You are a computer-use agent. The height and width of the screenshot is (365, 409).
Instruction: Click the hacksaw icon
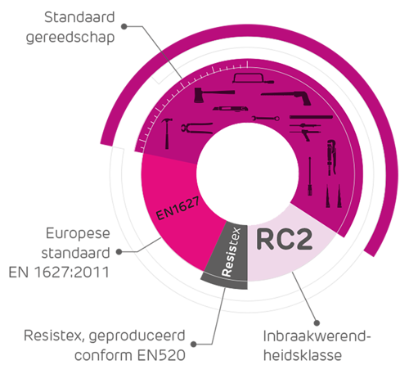(x=253, y=79)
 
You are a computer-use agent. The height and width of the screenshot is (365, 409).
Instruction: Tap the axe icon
(x=213, y=95)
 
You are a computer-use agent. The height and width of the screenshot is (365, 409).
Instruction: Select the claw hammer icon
(x=167, y=133)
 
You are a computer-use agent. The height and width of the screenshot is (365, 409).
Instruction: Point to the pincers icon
(x=197, y=128)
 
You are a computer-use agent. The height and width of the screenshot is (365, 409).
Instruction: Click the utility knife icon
(x=230, y=109)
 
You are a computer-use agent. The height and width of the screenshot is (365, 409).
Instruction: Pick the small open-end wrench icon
(x=266, y=119)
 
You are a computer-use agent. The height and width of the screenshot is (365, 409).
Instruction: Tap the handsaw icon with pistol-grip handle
(x=286, y=97)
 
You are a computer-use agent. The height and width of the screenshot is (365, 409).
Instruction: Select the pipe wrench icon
(x=331, y=157)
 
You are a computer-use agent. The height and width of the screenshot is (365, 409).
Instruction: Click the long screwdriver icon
(x=310, y=176)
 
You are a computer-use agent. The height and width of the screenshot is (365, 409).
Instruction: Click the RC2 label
(x=285, y=240)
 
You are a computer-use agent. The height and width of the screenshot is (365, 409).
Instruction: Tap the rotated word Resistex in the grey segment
(x=231, y=252)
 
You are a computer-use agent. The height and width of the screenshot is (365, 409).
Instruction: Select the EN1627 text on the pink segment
(x=178, y=208)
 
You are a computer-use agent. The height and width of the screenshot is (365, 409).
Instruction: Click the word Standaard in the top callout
(x=79, y=17)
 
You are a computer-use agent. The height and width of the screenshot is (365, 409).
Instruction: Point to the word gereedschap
(x=70, y=38)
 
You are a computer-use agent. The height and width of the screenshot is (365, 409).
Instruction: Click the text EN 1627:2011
(x=59, y=273)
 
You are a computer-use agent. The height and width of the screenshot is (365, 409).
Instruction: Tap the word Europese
(x=78, y=234)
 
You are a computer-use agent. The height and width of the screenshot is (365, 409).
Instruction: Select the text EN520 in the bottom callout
(x=161, y=355)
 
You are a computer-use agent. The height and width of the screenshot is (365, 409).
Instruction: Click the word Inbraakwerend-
(x=317, y=336)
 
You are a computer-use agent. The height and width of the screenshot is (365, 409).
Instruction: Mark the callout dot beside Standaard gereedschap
(x=124, y=26)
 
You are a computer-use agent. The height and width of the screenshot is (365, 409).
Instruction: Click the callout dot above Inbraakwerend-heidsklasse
(x=317, y=323)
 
